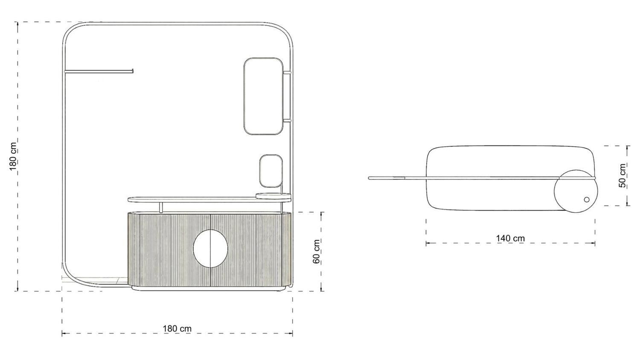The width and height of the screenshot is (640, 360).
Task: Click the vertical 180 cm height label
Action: pos(13,156)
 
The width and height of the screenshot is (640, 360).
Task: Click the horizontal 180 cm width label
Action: pos(177,328)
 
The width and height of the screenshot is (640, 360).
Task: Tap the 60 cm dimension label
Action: pos(316,251)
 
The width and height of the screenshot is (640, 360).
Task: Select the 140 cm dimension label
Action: pos(510,238)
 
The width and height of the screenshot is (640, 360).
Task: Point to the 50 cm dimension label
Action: pos(622,175)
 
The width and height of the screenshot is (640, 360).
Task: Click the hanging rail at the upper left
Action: pos(99,71)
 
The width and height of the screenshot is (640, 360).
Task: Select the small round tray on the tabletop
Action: pos(274,196)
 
